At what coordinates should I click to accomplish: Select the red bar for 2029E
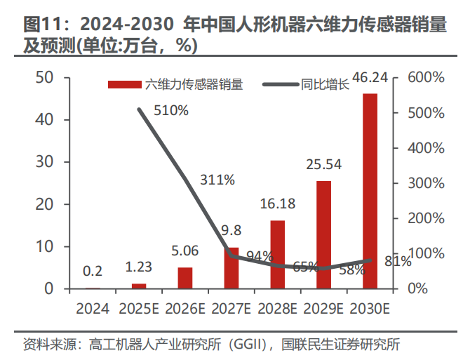pos(323,234)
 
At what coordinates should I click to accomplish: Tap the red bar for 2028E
pos(278,254)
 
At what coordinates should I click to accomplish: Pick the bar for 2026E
pos(185,278)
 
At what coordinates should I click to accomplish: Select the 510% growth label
pos(171,110)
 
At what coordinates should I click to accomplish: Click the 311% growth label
pos(217,180)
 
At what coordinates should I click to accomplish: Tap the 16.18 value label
pos(278,205)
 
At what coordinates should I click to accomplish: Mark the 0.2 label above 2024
pos(93,272)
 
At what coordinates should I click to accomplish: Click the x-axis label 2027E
pos(231,308)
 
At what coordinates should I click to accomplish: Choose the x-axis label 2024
pos(93,308)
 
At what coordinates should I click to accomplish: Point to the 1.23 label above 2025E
pos(139,267)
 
